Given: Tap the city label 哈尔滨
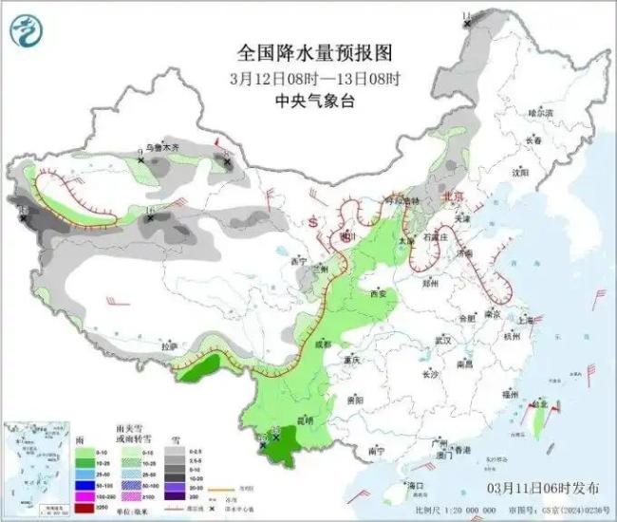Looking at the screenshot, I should (539, 113).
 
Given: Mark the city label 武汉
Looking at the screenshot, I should (441, 340).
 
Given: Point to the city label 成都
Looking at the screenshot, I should (326, 345).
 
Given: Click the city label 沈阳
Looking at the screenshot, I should (519, 174).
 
